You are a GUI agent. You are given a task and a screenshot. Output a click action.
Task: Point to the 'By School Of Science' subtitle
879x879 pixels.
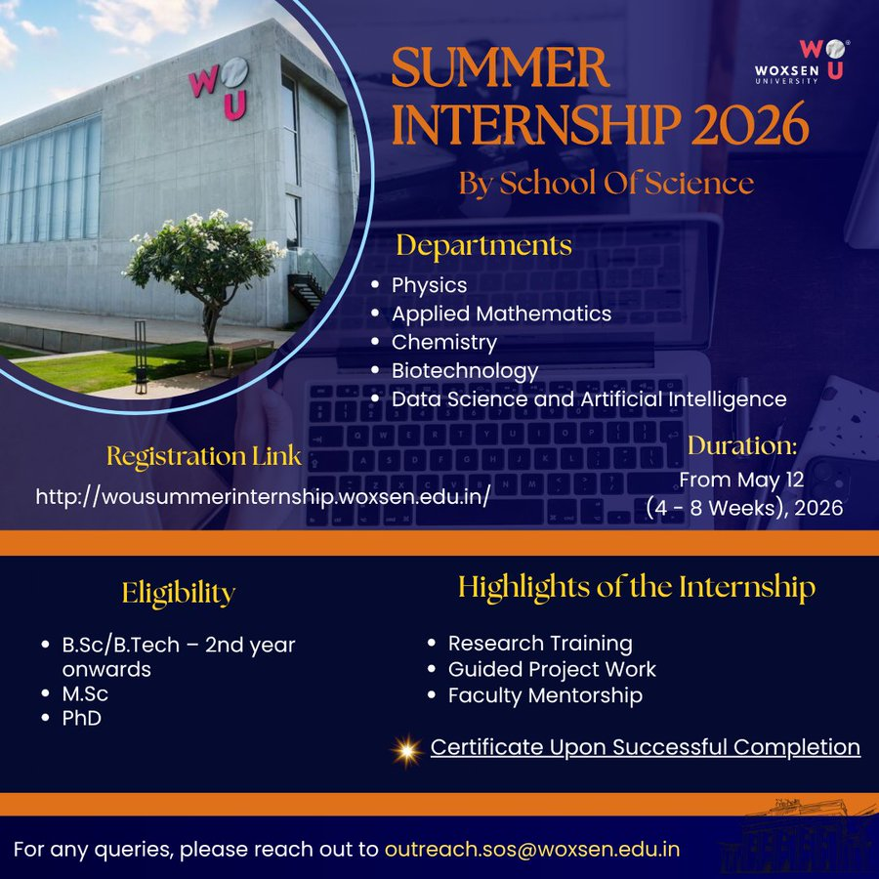pyautogui.click(x=606, y=183)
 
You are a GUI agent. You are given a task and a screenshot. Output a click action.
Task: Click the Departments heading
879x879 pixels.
pyautogui.click(x=483, y=245)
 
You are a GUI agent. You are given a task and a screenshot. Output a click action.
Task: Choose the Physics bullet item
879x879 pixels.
pyautogui.click(x=429, y=285)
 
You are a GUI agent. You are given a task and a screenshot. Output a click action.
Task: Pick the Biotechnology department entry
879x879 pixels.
pyautogui.click(x=465, y=370)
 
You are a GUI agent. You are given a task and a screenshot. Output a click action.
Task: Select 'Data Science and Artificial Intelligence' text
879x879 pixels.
pyautogui.click(x=589, y=398)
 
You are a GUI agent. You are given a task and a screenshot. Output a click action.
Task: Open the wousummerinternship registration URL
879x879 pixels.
pyautogui.click(x=263, y=496)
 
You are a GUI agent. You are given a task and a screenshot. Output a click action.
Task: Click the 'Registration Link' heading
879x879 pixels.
pyautogui.click(x=204, y=456)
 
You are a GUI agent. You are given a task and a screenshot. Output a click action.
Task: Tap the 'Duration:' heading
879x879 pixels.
pyautogui.click(x=742, y=445)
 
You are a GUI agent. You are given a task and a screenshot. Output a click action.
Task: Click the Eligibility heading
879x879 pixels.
pyautogui.click(x=179, y=593)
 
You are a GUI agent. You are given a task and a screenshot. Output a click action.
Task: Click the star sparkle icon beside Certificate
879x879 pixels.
pyautogui.click(x=404, y=749)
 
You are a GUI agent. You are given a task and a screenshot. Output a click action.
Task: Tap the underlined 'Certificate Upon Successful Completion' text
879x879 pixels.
pyautogui.click(x=646, y=747)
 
